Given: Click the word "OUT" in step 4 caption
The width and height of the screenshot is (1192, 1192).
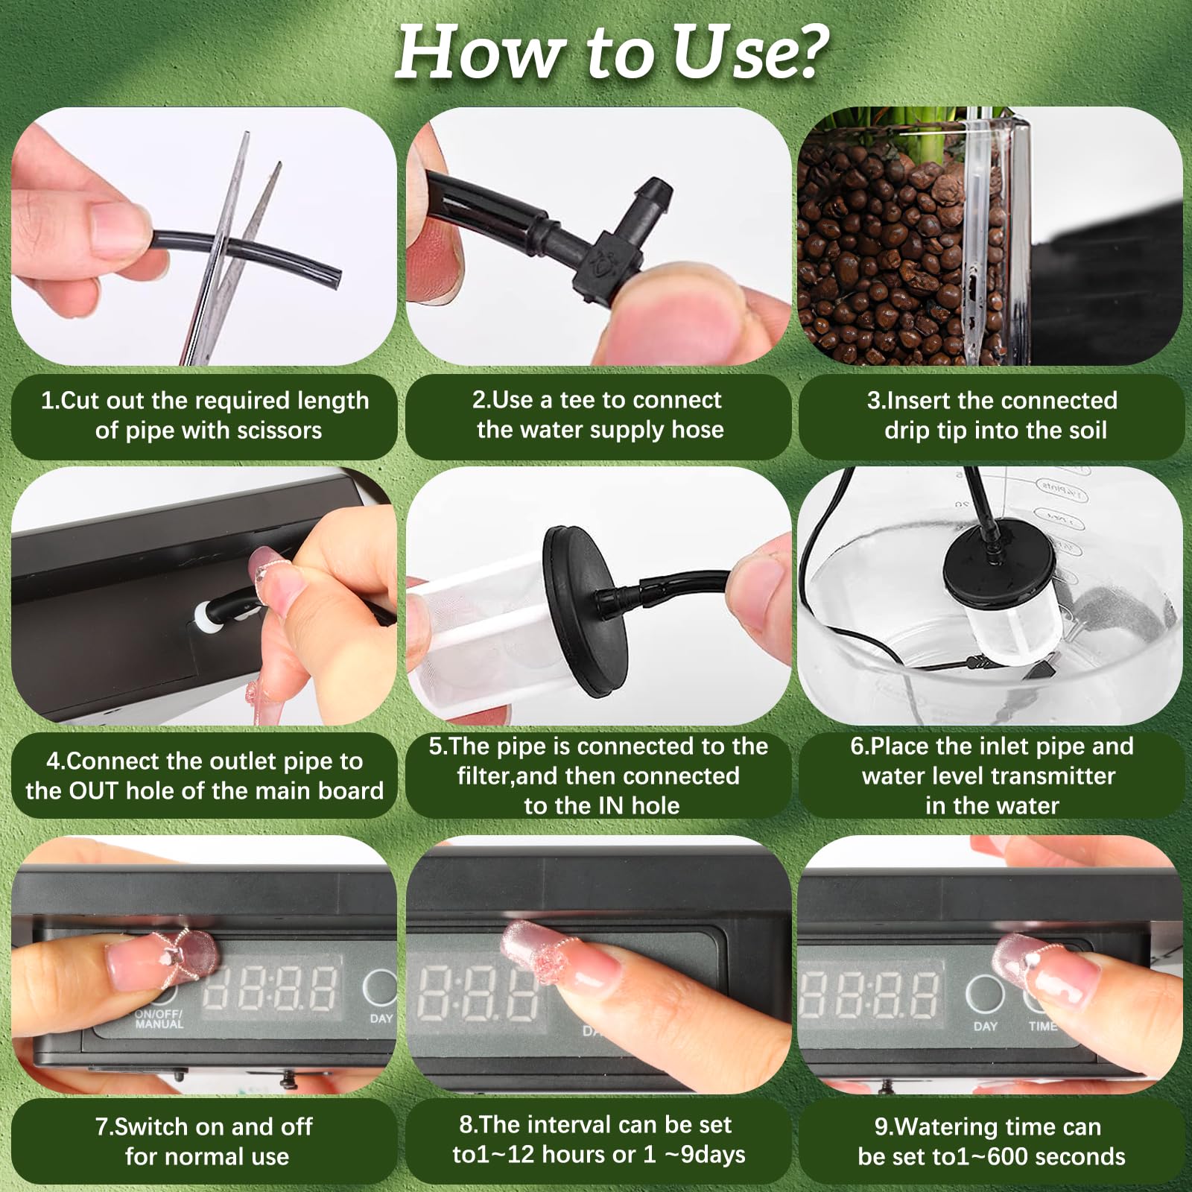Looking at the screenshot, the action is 94,790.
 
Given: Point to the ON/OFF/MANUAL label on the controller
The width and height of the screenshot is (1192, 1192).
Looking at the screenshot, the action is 159,1019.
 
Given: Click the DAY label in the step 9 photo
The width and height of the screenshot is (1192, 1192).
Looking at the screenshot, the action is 985,1027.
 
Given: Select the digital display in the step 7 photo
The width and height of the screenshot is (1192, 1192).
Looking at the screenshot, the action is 272,989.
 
